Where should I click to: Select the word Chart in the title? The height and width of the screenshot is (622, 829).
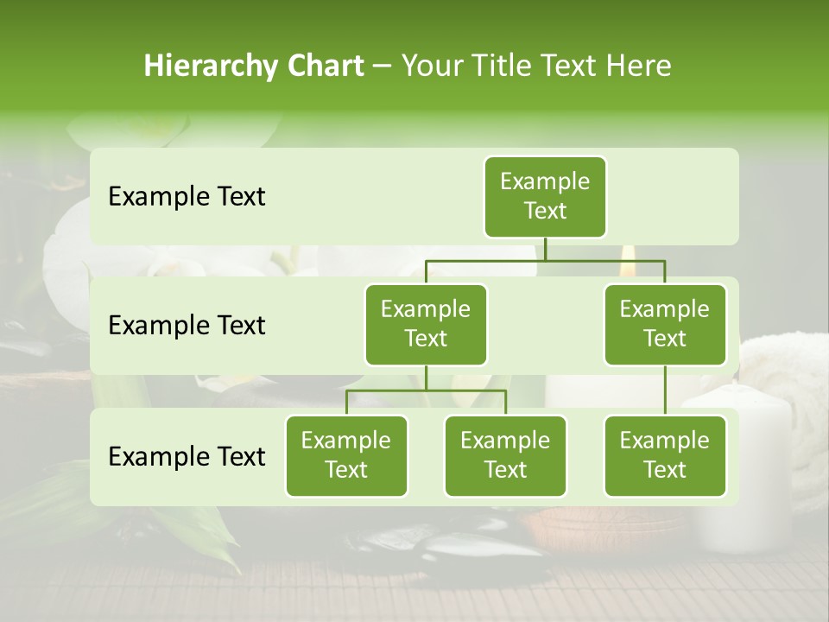pos(325,66)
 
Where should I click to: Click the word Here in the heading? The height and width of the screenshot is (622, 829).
pos(638,66)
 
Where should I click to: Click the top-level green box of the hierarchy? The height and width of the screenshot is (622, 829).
pos(545,196)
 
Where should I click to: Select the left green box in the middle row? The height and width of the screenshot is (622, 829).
pos(426,324)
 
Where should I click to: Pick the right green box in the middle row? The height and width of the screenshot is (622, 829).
pos(665,324)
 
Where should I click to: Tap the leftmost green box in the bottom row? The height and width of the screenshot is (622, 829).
pos(346,455)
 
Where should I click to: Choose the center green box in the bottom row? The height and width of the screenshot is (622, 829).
pos(505,455)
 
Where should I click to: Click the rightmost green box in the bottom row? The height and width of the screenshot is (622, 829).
pos(665,455)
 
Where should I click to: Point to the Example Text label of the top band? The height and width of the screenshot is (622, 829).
pos(187,196)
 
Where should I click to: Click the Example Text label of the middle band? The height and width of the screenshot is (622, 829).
pos(187,325)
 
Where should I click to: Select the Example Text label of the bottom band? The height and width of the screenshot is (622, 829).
pos(187,456)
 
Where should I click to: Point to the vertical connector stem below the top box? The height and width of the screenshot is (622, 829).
pos(545,249)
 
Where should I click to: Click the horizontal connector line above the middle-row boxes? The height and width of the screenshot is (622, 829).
pos(545,259)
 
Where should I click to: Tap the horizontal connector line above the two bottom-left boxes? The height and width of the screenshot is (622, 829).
pos(426,390)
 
